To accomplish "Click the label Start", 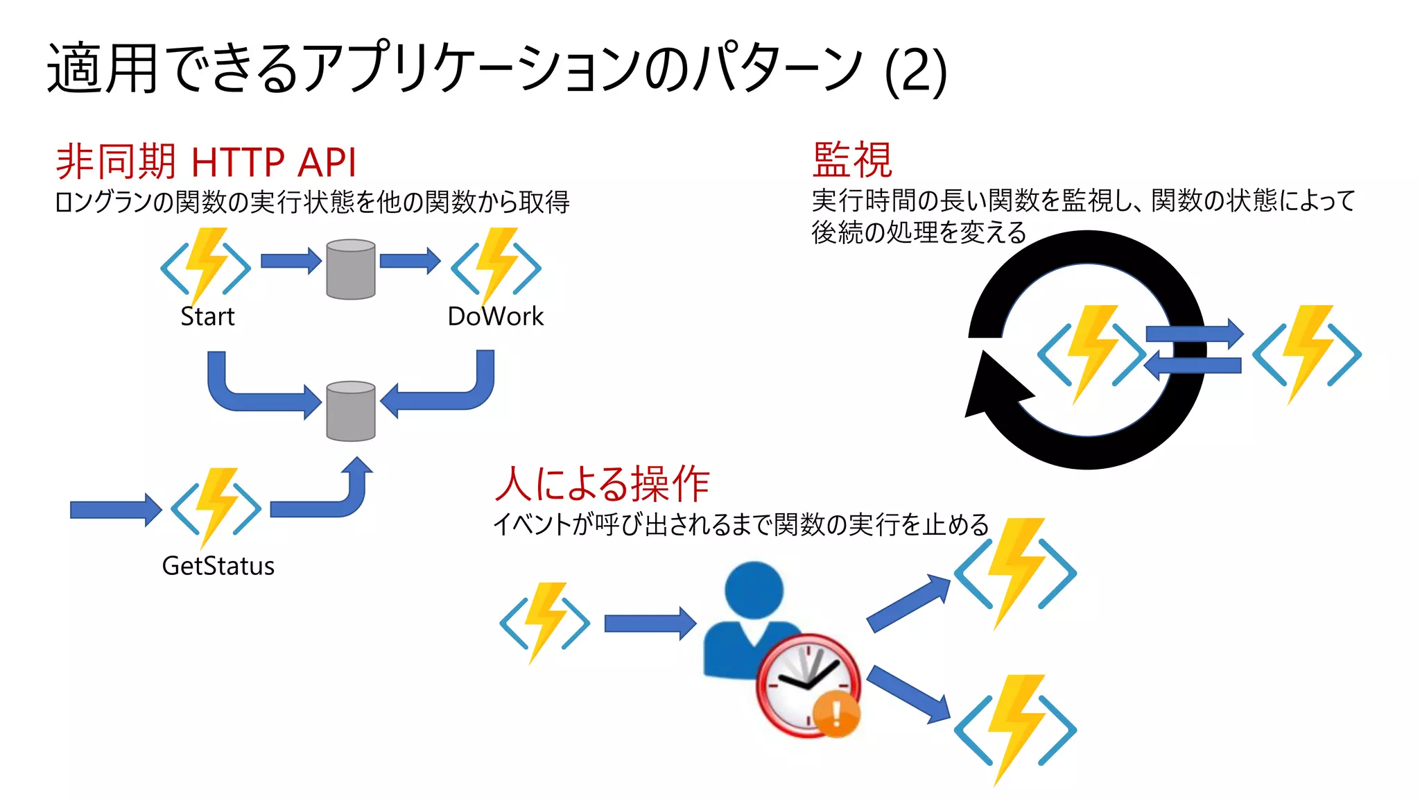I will click(207, 316).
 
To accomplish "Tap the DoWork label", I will click(495, 316).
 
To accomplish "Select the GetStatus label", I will click(218, 566).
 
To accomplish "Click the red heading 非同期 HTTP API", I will click(206, 162).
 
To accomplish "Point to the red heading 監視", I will click(852, 160).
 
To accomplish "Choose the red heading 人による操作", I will click(603, 483).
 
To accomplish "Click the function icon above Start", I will click(206, 266).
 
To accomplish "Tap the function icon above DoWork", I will click(496, 266).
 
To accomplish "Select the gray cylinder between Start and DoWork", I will click(351, 269).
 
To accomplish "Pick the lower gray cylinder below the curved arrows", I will click(351, 411).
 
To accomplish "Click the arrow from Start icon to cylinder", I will click(291, 261).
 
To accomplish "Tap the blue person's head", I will click(754, 590).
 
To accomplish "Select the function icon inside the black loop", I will click(1091, 354).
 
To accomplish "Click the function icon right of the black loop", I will click(1307, 354).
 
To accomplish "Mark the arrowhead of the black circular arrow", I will click(992, 388).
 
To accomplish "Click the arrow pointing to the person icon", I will click(649, 623).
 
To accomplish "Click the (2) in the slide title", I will click(915, 71).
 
